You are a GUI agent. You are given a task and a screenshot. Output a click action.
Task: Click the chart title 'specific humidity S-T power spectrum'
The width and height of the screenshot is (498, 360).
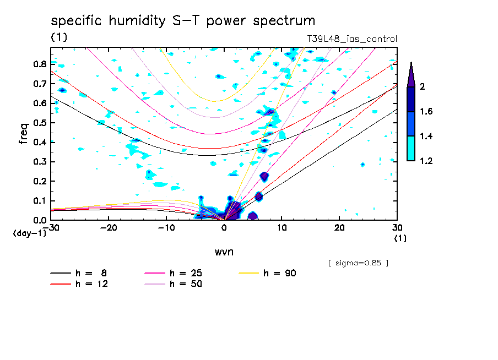183,21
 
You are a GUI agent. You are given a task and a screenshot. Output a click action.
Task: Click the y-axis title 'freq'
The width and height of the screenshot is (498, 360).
24,133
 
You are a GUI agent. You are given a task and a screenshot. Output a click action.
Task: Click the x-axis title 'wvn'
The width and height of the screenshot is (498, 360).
224,252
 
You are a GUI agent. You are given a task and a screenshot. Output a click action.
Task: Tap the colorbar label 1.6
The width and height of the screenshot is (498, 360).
426,112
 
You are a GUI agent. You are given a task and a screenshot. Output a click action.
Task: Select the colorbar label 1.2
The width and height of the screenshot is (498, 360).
426,161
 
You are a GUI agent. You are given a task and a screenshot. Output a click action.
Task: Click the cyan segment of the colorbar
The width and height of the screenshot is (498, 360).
411,148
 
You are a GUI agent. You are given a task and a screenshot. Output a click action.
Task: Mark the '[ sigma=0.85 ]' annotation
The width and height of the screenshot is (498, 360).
358,263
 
